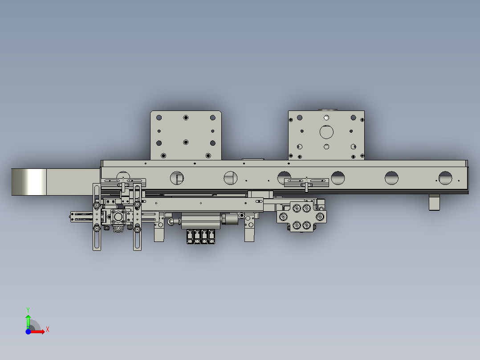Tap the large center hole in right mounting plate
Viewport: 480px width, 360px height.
pyautogui.click(x=326, y=132)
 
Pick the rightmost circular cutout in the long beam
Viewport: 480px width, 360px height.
pyautogui.click(x=445, y=178)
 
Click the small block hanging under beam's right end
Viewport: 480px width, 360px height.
pyautogui.click(x=434, y=202)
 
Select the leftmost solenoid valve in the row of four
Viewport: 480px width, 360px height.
pyautogui.click(x=190, y=236)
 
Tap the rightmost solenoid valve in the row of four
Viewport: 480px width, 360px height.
pyautogui.click(x=212, y=236)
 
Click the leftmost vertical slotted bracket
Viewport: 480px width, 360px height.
pyautogui.click(x=96, y=217)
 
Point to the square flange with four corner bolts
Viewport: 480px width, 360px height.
pyautogui.click(x=118, y=217)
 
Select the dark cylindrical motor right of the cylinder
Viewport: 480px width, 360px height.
pyautogui.click(x=230, y=219)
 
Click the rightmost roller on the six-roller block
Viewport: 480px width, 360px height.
pyautogui.click(x=320, y=217)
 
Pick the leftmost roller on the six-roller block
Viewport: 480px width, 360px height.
pyautogui.click(x=282, y=217)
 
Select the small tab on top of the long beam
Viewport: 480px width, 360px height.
pyautogui.click(x=253, y=159)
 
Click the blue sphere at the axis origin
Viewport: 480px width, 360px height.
pyautogui.click(x=28, y=331)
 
